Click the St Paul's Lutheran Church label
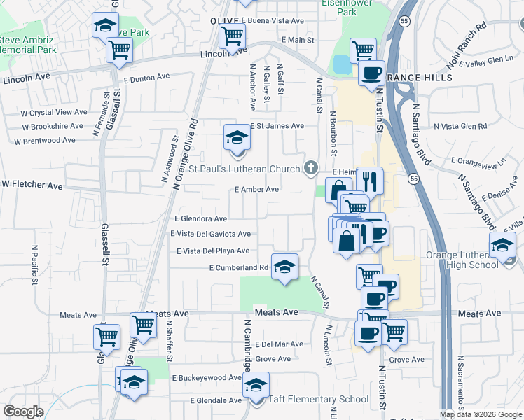coord(245,169)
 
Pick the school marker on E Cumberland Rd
coord(284,267)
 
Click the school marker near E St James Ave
coord(237,137)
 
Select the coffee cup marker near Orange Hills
coord(371,73)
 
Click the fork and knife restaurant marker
coord(370,181)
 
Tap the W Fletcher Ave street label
coord(32,185)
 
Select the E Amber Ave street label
coord(257,189)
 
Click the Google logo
coord(23,412)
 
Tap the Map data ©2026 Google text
coord(481,414)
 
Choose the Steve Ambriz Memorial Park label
coord(28,45)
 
